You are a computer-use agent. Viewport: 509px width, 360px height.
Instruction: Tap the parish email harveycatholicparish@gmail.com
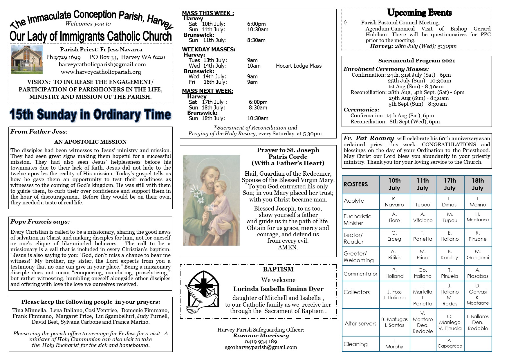102,64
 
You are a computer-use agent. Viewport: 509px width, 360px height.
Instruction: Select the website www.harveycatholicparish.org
101,72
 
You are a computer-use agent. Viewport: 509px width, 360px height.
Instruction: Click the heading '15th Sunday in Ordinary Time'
90,115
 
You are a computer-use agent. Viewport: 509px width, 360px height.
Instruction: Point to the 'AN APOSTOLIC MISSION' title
90,142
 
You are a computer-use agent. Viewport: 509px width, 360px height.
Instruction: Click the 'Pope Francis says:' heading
40,222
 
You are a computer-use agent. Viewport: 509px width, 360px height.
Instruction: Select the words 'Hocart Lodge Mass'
299,66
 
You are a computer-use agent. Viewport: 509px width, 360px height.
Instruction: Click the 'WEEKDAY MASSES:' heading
208,50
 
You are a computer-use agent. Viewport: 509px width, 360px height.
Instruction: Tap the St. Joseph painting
211,200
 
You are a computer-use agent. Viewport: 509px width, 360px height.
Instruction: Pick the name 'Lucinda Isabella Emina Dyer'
278,289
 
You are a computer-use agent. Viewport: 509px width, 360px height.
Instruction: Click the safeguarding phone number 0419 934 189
261,341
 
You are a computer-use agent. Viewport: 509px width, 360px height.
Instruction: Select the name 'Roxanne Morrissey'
261,336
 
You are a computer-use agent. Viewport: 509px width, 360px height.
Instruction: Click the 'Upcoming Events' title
419,13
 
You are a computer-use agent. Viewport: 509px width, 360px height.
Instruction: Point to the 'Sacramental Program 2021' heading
416,61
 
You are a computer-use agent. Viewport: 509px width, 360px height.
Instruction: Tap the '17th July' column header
450,184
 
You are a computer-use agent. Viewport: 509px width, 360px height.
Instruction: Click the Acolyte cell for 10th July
394,202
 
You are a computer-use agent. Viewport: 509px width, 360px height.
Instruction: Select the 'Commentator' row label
360,273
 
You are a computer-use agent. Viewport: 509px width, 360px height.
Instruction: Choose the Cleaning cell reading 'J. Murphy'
394,344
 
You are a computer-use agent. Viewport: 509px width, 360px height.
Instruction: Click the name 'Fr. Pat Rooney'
369,138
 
